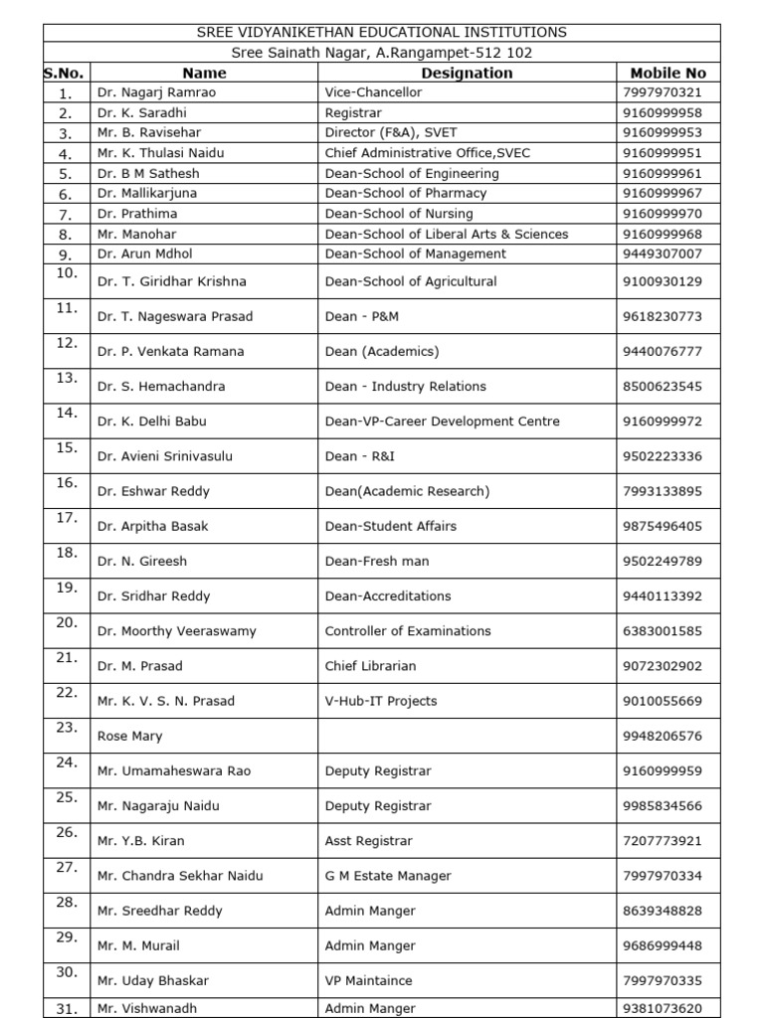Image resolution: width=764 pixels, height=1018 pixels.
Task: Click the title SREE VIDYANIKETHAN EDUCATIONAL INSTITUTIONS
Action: pos(382,33)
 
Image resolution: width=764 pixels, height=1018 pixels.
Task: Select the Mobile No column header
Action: pos(668,73)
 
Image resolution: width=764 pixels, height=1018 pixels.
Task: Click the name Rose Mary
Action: pos(129,737)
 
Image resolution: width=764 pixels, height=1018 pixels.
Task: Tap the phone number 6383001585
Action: pos(662,631)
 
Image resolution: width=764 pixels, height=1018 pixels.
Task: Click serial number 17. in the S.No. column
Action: pos(67,518)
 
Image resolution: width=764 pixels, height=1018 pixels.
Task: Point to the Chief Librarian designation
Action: pos(370,666)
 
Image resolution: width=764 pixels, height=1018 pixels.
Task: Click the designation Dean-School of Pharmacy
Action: pos(405,193)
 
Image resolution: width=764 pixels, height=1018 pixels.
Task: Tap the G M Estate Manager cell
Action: pos(388,876)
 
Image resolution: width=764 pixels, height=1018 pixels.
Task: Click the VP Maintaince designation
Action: pos(368,981)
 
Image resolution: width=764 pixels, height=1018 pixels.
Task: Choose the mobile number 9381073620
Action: pos(662,1008)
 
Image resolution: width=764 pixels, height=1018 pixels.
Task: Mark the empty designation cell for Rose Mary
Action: pos(467,737)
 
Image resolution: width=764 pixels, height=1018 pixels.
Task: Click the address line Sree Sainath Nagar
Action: pos(382,53)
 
